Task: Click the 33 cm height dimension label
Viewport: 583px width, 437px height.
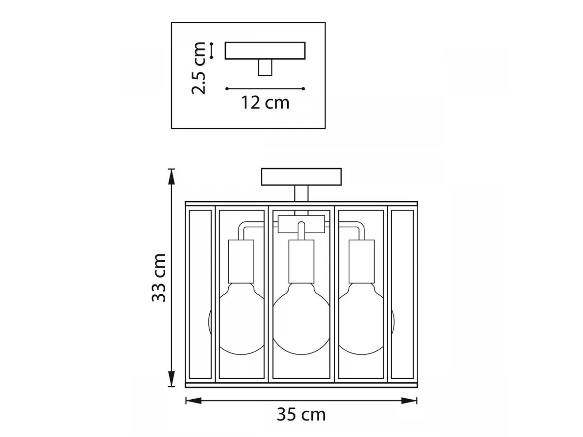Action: [x=159, y=278]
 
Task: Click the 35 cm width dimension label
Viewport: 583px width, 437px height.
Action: [x=301, y=415]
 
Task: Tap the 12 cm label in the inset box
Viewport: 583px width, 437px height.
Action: [x=265, y=102]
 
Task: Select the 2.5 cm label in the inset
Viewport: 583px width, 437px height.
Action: [x=198, y=68]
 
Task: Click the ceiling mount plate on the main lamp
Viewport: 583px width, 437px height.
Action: [x=301, y=177]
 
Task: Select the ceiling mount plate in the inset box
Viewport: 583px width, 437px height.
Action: [x=265, y=50]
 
